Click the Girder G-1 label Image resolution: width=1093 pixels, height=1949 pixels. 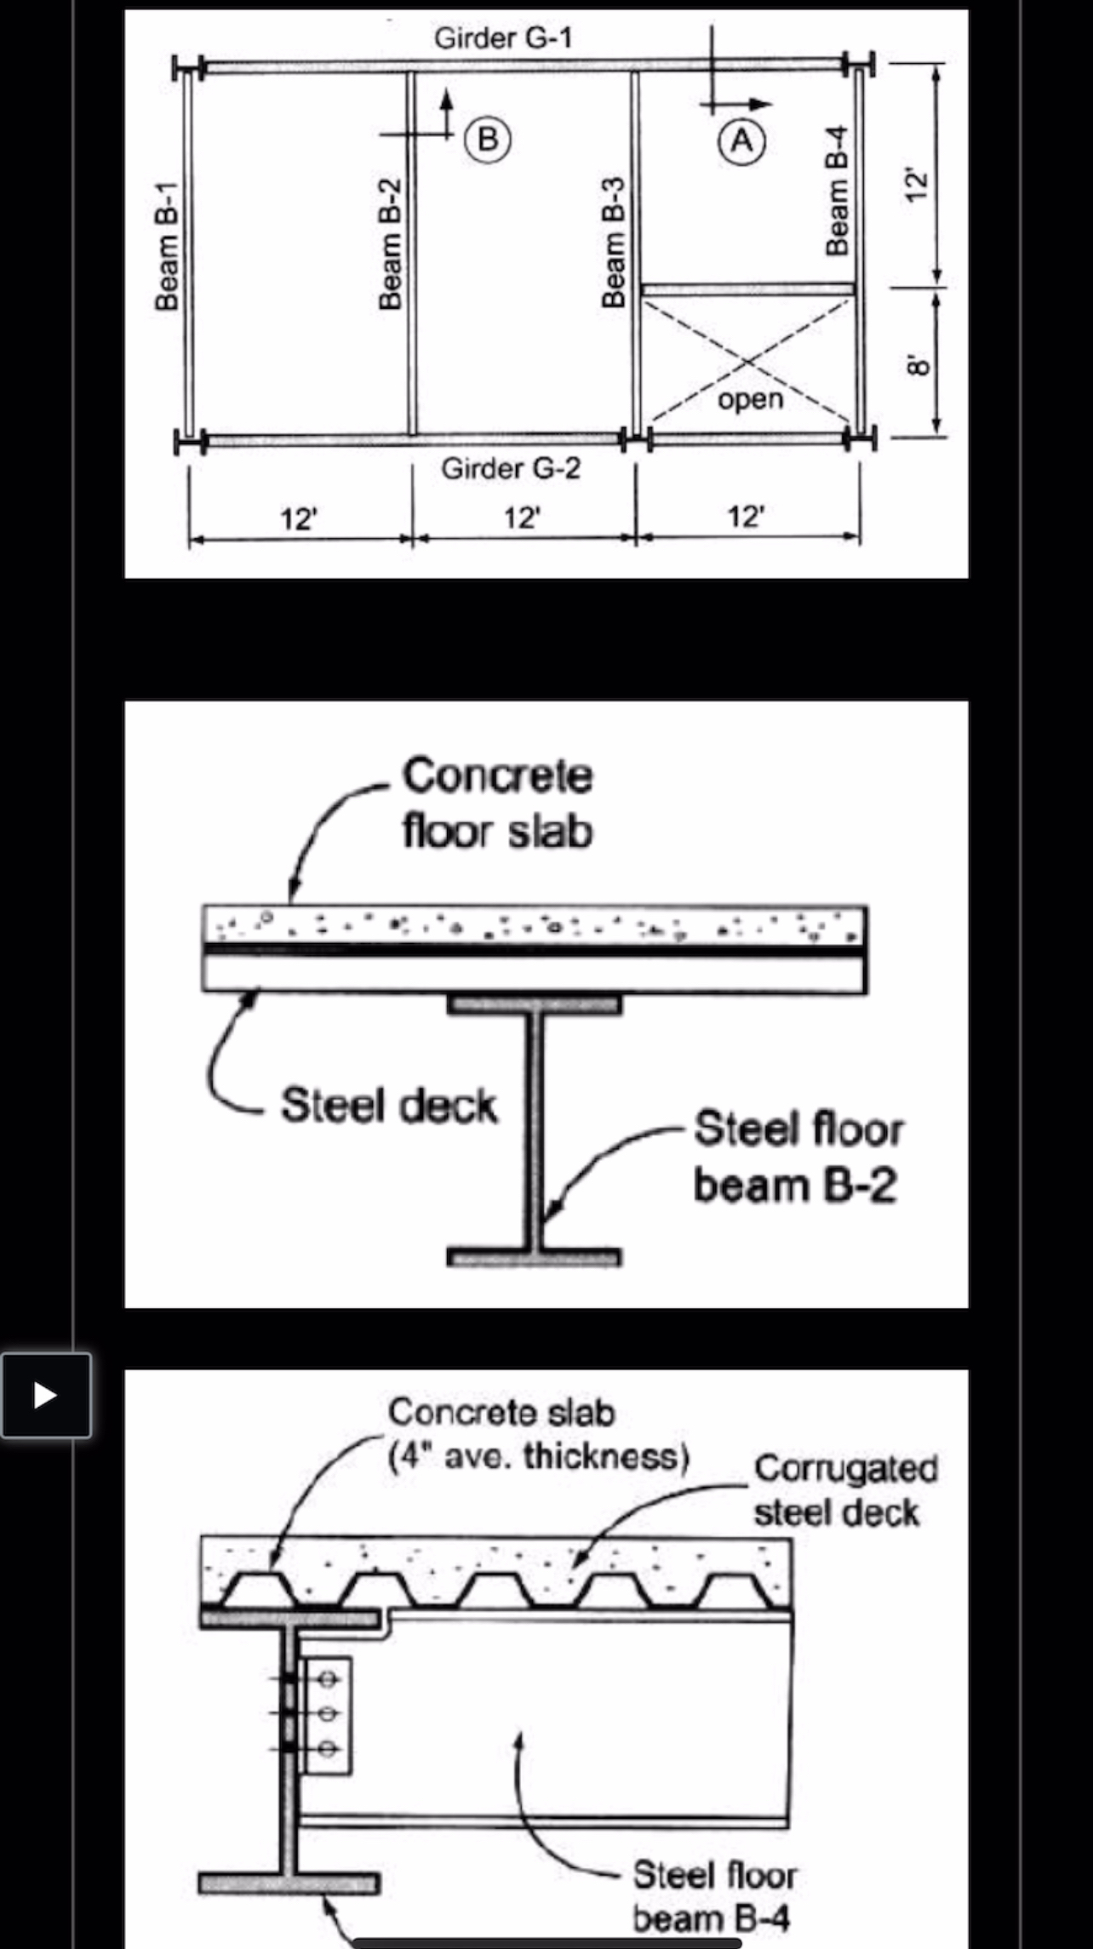point(503,38)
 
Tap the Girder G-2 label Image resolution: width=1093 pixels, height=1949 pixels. point(511,469)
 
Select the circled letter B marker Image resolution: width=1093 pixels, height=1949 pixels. point(487,139)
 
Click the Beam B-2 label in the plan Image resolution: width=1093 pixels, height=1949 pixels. point(390,244)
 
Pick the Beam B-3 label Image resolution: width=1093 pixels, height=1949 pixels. point(613,243)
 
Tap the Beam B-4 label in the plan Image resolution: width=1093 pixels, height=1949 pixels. point(838,191)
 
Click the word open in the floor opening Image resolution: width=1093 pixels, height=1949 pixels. point(750,399)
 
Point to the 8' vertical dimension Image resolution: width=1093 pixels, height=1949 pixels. point(916,364)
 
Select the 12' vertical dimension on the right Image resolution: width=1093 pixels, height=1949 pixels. point(914,185)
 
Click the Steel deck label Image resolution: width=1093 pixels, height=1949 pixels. point(389,1106)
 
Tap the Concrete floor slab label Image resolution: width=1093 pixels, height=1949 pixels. point(498,803)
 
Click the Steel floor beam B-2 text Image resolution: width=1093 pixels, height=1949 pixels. point(798,1157)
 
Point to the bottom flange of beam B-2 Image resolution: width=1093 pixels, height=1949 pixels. point(535,1257)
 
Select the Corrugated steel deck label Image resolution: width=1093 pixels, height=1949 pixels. point(844,1491)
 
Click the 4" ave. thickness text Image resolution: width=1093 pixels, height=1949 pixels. point(538,1457)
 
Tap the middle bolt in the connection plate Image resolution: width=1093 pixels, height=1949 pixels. point(327,1713)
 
